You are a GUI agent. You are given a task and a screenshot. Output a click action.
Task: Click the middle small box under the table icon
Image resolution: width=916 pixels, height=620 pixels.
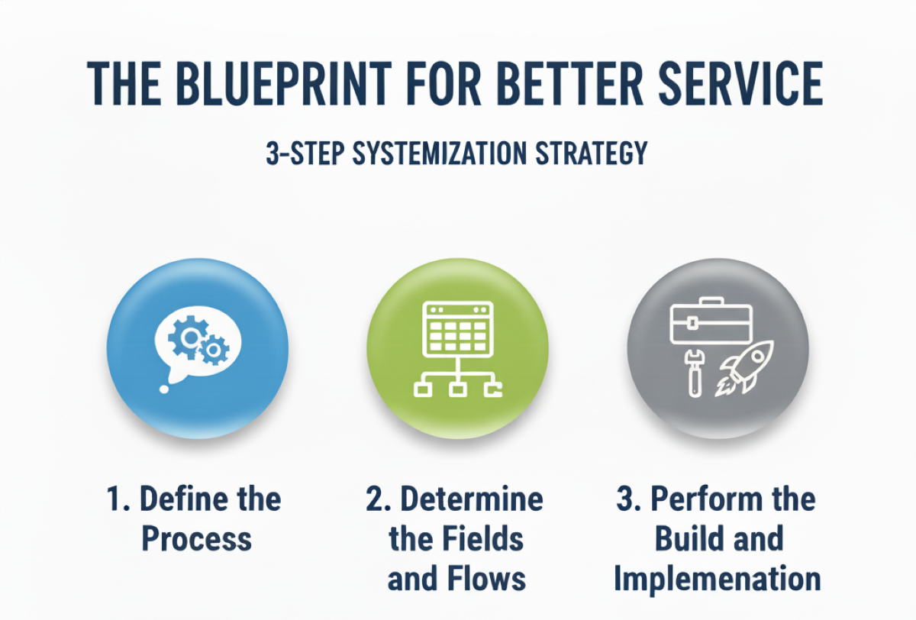coord(457,390)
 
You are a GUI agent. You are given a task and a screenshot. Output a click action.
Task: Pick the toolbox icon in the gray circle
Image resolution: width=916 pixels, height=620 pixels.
coord(711,323)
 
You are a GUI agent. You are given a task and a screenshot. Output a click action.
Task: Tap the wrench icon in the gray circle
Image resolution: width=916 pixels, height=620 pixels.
coord(693,372)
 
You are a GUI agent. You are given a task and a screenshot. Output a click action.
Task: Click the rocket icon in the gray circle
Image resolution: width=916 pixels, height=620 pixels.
coord(743,367)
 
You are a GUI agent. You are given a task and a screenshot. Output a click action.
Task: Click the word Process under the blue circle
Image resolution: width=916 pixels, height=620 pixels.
coord(196,538)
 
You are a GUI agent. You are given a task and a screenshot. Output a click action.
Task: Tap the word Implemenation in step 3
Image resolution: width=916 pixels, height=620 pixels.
coord(718,578)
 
